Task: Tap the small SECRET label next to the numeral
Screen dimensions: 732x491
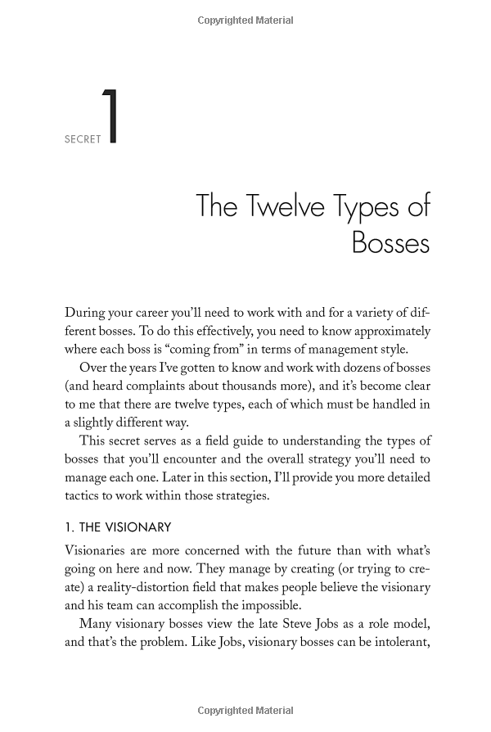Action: pyautogui.click(x=83, y=139)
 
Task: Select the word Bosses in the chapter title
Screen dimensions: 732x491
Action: pyautogui.click(x=390, y=242)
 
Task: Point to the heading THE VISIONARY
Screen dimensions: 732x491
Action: pyautogui.click(x=118, y=527)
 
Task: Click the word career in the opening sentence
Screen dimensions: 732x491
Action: pyautogui.click(x=178, y=313)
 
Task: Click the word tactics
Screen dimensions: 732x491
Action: pyautogui.click(x=83, y=496)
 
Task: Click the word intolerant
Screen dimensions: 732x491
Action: pyautogui.click(x=397, y=642)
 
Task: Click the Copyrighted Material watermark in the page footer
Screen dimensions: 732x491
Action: pyautogui.click(x=245, y=711)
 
